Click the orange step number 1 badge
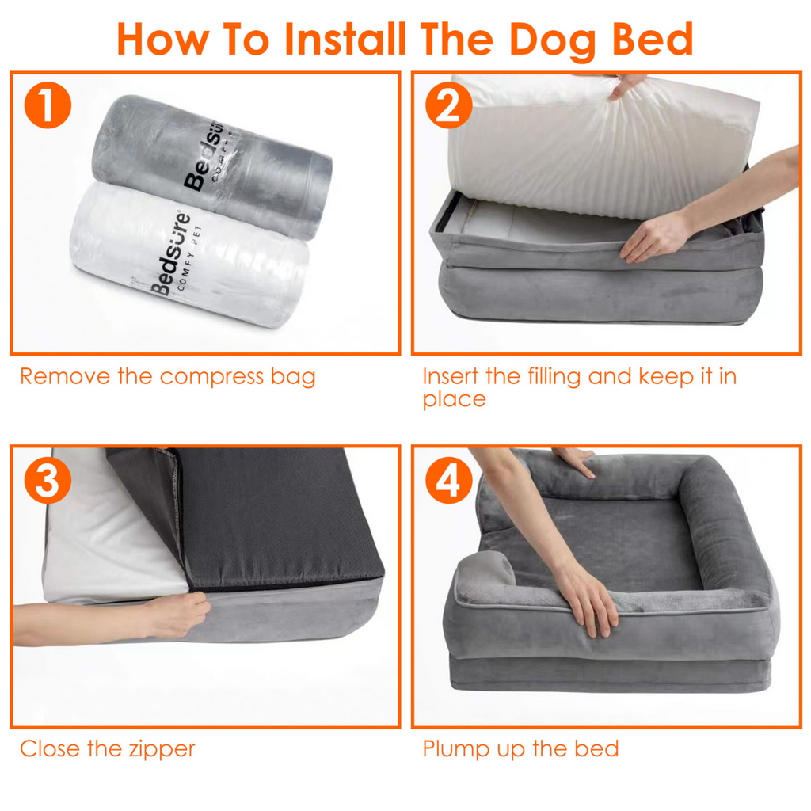(x=48, y=108)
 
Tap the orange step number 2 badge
(x=448, y=108)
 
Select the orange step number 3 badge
(x=48, y=482)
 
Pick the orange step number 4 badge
(x=448, y=482)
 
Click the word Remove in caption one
(x=65, y=376)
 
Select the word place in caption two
(x=454, y=400)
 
